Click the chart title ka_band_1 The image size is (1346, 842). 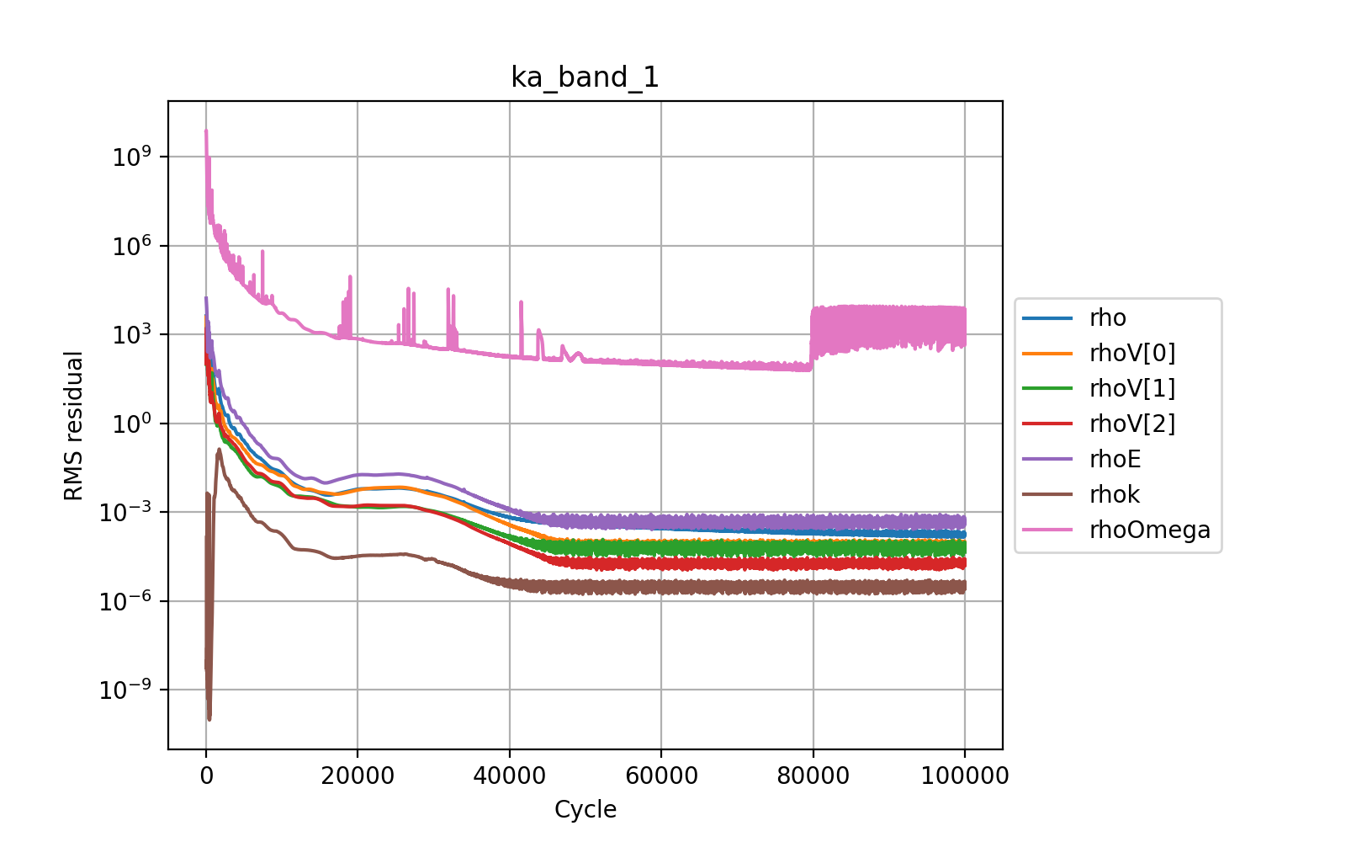coord(585,77)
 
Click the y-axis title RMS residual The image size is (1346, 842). coord(74,426)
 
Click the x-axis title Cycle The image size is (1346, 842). coord(585,810)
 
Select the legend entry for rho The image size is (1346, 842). coord(1107,318)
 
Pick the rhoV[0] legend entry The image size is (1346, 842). coord(1131,354)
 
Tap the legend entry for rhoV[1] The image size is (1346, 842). coord(1131,389)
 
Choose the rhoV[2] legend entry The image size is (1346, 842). coord(1131,424)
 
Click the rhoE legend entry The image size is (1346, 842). coord(1115,460)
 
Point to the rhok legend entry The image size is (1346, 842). coord(1115,495)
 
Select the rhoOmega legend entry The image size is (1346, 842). coord(1149,530)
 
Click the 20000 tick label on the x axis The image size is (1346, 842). coord(358,775)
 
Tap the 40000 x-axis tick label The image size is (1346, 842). coord(509,775)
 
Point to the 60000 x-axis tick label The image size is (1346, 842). coord(661,775)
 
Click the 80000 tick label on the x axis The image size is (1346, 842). coord(813,775)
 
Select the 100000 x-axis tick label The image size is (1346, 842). coord(964,775)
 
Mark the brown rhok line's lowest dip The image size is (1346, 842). coord(209,718)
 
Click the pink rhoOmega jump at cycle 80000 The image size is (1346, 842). coord(812,337)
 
